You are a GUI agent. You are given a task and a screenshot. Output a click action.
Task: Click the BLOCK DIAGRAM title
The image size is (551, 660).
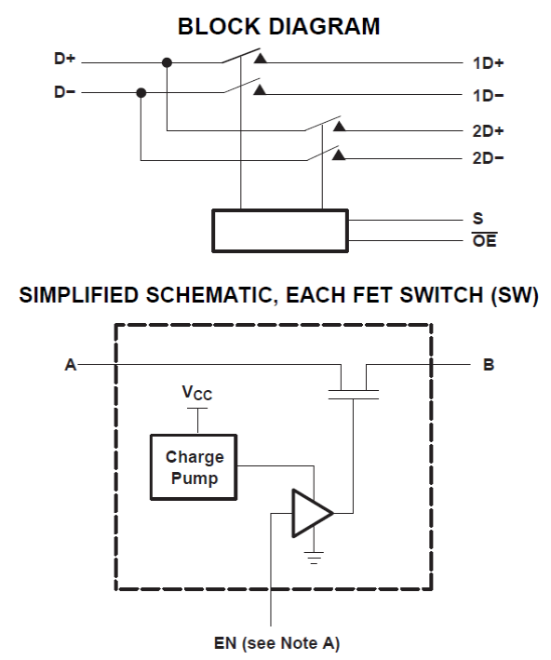pos(278,26)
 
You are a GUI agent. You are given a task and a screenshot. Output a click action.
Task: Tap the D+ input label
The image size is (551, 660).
pos(64,58)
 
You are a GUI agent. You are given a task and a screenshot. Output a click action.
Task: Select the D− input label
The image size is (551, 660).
pos(64,92)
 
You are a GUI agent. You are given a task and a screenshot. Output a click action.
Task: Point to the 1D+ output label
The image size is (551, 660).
pos(489,63)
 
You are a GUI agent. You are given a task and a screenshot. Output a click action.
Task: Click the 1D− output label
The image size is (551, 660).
pos(489,96)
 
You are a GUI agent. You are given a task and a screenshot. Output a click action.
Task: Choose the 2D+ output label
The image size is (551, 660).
pos(489,131)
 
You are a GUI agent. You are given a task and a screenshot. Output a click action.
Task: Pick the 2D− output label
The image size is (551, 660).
pos(489,158)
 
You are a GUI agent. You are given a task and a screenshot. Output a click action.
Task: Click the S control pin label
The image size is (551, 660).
pos(477,219)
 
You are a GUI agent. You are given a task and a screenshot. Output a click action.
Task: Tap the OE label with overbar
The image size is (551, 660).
pos(485,240)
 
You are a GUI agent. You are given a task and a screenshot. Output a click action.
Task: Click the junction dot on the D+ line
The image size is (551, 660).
pos(168,62)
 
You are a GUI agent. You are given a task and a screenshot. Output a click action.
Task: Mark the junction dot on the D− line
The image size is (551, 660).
pos(141,92)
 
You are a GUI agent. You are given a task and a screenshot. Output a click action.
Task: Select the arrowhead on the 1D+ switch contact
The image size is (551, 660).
pos(260,58)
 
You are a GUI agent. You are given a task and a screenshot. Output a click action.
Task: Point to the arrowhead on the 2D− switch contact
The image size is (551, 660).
pos(339,155)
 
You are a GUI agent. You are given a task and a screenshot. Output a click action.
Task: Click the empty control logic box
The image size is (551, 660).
pos(280,231)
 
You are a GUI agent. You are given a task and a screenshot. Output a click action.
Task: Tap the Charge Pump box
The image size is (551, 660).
pos(194,467)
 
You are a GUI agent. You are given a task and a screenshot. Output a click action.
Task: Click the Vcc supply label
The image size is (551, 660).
pos(197,393)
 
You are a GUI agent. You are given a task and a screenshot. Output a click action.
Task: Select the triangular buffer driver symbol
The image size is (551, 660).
pos(313,513)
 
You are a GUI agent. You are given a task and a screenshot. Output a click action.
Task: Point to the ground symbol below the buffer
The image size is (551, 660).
pos(314,558)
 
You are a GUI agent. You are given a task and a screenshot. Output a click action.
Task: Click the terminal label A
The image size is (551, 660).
pos(71,365)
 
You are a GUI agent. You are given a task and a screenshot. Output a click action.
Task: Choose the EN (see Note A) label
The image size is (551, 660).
pos(276,643)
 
